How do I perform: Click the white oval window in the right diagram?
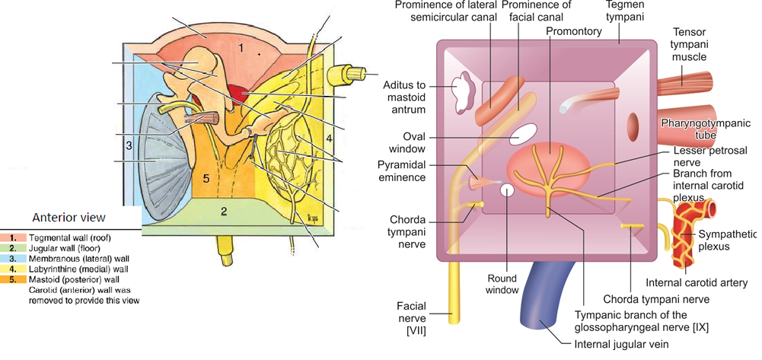point(523,135)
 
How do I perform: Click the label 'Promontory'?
point(574,31)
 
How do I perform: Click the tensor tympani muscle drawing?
point(681,78)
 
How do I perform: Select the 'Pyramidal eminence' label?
point(410,172)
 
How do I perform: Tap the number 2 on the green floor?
point(223,211)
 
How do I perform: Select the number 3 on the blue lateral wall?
point(129,145)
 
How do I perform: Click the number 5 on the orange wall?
point(206,180)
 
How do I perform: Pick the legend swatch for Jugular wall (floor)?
point(14,248)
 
